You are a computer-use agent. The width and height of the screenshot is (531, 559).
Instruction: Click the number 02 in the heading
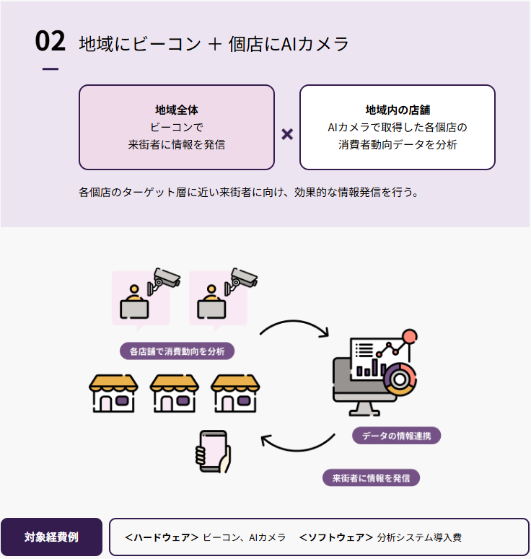[50, 42]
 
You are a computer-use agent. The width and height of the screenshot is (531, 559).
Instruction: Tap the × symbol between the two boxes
[287, 134]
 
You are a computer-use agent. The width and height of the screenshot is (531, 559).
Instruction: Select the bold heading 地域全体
[176, 110]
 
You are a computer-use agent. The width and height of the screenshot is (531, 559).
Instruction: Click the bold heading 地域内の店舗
[398, 110]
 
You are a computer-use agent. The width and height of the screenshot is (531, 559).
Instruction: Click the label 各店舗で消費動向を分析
[177, 351]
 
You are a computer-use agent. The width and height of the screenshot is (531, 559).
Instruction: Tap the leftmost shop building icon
[113, 393]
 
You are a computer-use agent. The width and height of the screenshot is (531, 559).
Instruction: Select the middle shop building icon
[174, 393]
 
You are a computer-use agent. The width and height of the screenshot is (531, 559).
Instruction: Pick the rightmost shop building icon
[235, 393]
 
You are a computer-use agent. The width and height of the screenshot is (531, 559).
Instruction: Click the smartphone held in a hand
[212, 452]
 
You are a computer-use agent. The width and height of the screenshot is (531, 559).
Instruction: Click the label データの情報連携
[396, 436]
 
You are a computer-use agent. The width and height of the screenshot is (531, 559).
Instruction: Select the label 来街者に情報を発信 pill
[371, 477]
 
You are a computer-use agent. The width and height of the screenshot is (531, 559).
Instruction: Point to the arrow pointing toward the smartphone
[297, 444]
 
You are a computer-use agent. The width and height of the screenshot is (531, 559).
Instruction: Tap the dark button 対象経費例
[51, 537]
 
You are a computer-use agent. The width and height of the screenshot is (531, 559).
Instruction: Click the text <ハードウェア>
[162, 537]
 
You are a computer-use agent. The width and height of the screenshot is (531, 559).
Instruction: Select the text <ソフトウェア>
[335, 537]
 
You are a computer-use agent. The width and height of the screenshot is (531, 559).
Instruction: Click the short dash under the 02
[51, 69]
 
